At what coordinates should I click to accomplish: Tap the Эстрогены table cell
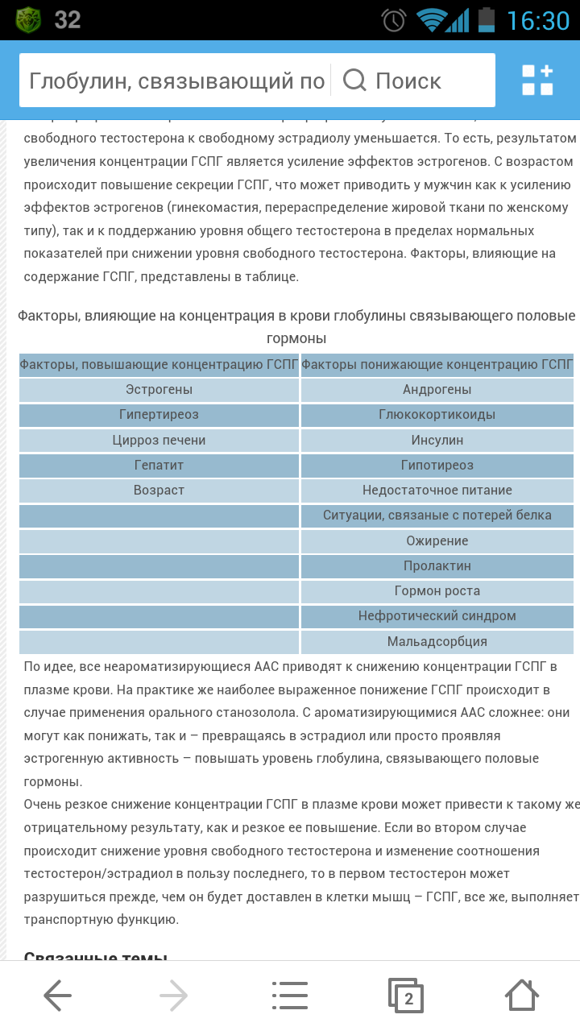(159, 390)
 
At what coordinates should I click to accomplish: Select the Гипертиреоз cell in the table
(159, 415)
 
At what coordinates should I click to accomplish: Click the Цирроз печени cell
(159, 441)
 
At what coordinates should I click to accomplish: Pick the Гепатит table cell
(159, 466)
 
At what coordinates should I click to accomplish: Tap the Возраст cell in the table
(159, 491)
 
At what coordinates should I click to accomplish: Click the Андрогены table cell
(437, 390)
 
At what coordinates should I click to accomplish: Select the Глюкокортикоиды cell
(437, 415)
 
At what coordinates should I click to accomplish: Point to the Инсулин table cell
(437, 441)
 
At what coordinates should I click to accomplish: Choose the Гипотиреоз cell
(437, 466)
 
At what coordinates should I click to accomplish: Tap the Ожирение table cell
(437, 541)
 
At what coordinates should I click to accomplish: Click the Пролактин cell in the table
(437, 566)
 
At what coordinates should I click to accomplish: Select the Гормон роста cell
(437, 591)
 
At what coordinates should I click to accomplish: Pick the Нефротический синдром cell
(437, 616)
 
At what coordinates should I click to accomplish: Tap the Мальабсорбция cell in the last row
(437, 642)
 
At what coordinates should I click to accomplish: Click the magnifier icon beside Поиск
(354, 81)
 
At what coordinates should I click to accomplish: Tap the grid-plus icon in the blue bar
(537, 81)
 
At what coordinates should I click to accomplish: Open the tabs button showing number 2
(406, 996)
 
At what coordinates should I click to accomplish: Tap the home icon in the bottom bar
(521, 996)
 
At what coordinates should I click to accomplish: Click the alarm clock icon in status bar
(394, 20)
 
